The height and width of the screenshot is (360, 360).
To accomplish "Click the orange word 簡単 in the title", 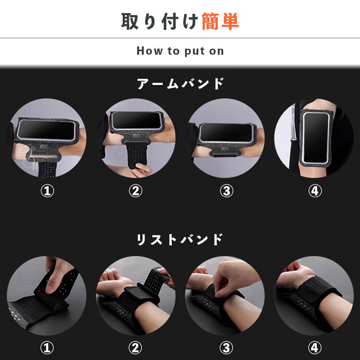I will [x=220, y=22].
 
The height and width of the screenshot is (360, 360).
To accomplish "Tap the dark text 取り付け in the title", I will [x=160, y=22].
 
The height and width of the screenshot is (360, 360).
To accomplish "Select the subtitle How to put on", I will [x=180, y=51].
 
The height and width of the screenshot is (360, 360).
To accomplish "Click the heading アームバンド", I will [x=180, y=84].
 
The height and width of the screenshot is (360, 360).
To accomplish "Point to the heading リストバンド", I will [x=180, y=239].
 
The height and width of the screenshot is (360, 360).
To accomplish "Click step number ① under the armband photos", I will [x=47, y=191].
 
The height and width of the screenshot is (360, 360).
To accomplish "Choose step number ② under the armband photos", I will [x=135, y=191].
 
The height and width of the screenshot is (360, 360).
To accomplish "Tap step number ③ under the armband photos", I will [x=226, y=191].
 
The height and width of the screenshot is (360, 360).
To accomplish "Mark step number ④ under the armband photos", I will [x=315, y=191].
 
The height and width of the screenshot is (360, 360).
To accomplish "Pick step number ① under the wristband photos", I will [x=47, y=348].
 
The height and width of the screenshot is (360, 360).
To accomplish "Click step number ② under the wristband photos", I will [x=135, y=348].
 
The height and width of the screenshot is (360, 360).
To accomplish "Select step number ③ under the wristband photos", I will [x=226, y=348].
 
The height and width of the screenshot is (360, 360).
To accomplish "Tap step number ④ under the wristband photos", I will [x=315, y=348].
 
